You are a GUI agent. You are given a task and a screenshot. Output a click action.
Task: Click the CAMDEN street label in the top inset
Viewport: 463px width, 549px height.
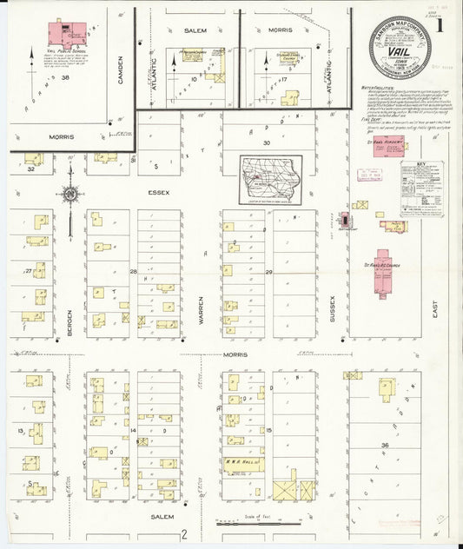(x=121, y=69)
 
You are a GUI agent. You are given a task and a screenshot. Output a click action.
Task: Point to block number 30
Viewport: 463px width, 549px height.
(x=268, y=142)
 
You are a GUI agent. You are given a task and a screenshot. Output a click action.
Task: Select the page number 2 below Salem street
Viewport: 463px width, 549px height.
(x=184, y=534)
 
